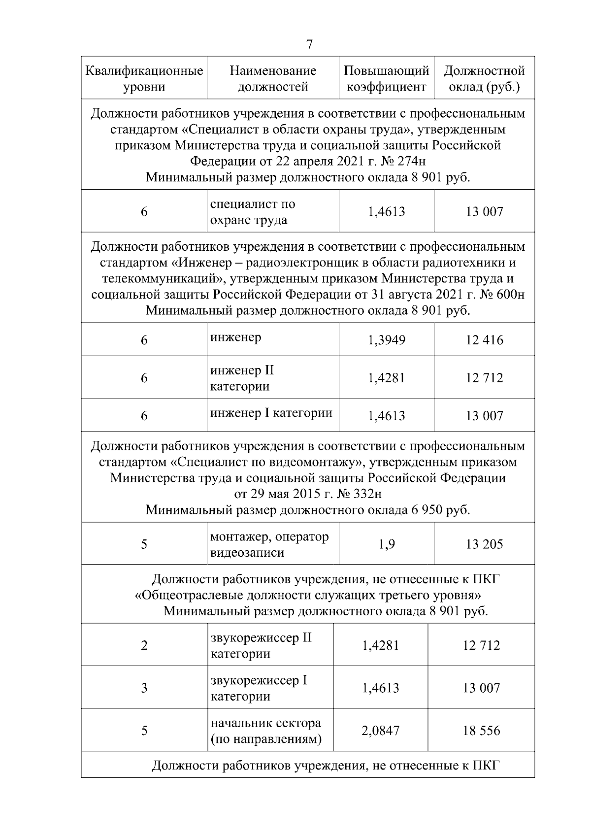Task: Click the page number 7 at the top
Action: [x=309, y=44]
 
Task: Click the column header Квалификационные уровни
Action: [x=144, y=79]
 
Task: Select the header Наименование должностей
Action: [x=273, y=79]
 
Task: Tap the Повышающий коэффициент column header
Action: [x=387, y=79]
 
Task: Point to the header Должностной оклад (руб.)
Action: [x=484, y=79]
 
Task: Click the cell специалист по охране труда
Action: [x=253, y=212]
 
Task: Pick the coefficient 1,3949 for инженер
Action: [x=387, y=340]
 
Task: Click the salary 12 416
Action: [x=484, y=340]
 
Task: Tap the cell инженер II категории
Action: [x=242, y=378]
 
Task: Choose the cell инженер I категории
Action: [x=271, y=413]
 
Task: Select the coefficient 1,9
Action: [x=387, y=544]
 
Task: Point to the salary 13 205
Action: [x=484, y=544]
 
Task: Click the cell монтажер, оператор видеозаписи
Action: [x=269, y=544]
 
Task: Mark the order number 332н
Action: [x=365, y=494]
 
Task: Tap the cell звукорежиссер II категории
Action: [x=261, y=646]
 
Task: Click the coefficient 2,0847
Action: [x=380, y=731]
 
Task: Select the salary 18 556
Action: [x=481, y=731]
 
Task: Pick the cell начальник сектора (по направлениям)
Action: [x=266, y=731]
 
